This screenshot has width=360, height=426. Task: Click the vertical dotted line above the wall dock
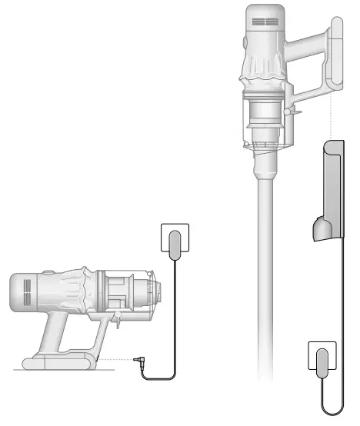point(332,115)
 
